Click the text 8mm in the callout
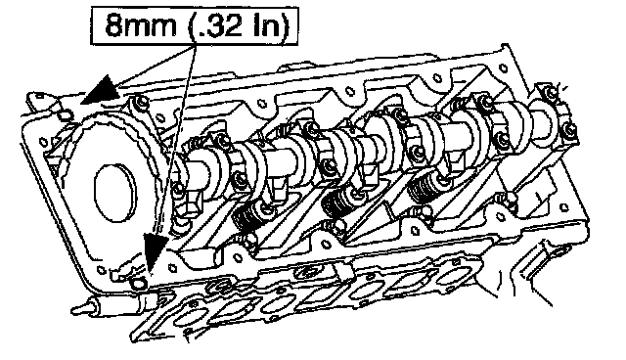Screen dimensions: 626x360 140,25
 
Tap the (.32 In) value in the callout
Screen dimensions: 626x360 239,25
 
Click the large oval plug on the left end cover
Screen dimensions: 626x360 114,193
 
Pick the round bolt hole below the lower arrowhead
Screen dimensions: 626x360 139,284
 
